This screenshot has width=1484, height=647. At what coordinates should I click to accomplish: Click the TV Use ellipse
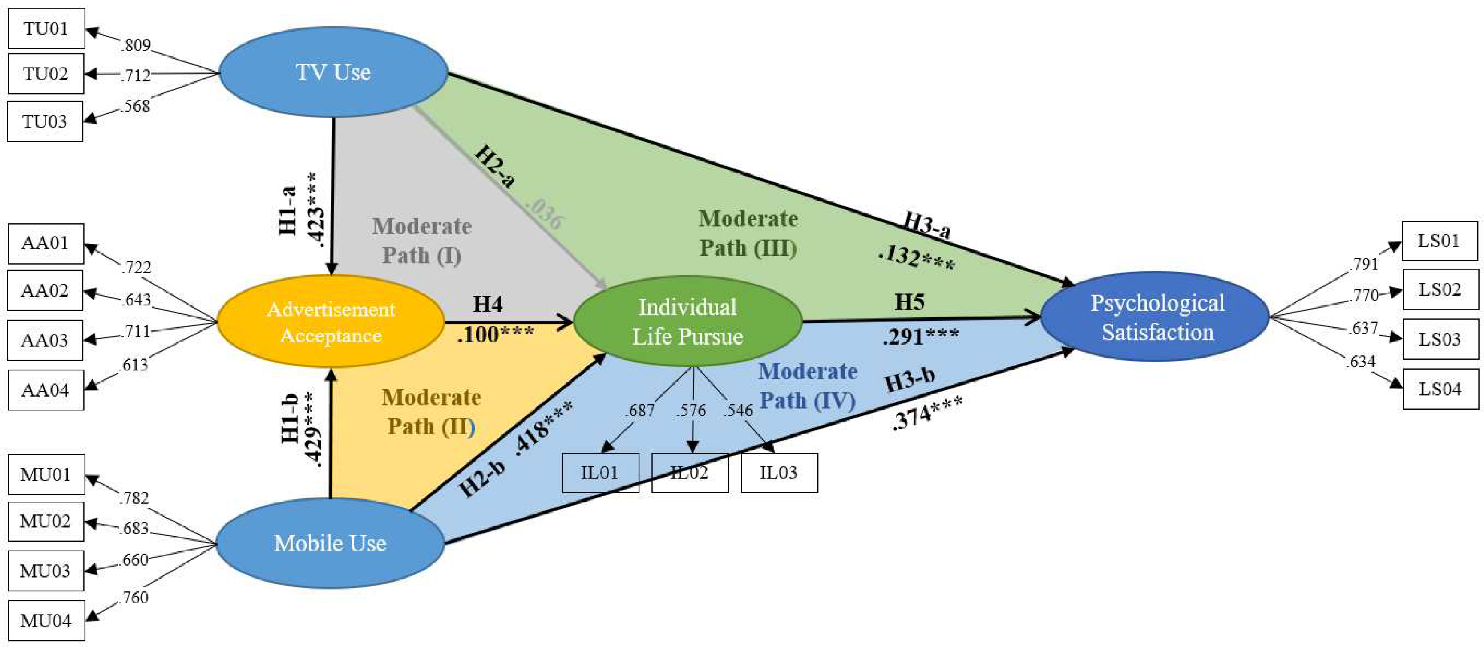point(333,72)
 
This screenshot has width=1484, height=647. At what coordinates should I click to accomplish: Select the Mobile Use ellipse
point(330,543)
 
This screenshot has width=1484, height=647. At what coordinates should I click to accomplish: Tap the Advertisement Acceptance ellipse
point(331,322)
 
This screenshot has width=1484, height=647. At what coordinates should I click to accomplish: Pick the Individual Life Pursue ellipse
point(687,321)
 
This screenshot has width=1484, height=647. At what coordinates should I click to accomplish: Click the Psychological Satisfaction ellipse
point(1157,317)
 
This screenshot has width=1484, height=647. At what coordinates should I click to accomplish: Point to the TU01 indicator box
point(46,28)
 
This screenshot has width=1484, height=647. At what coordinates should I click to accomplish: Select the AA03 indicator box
point(45,340)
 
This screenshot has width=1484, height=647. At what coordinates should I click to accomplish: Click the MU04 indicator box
point(46,620)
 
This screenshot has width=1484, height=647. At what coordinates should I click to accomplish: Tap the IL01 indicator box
point(600,473)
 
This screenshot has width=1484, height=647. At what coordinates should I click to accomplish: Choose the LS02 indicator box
point(1440,289)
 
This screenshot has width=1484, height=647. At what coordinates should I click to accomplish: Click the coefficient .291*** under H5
point(921,336)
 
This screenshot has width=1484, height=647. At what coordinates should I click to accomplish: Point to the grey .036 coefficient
point(544,213)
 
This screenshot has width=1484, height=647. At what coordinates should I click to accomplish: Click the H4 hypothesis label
point(487,304)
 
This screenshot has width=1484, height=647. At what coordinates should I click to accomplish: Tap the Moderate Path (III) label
point(748,233)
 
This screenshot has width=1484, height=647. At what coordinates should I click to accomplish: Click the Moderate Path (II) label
point(431,412)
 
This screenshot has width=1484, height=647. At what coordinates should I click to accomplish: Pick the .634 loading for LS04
point(1361,362)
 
